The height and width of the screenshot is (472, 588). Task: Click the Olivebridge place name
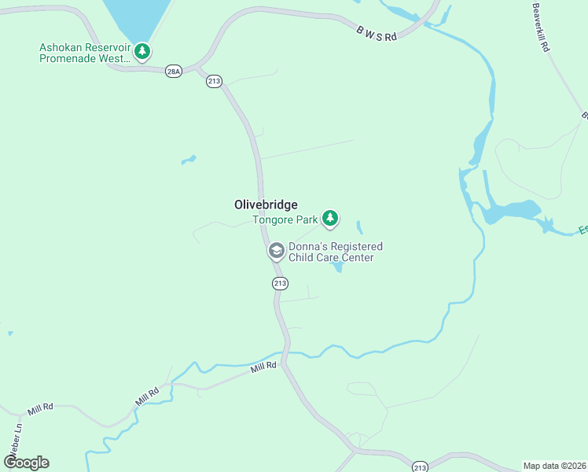click(x=266, y=205)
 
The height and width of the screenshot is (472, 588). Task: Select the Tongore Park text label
click(x=285, y=220)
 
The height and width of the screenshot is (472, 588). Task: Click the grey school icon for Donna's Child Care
click(x=276, y=251)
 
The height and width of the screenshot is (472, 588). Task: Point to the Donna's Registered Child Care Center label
click(x=336, y=252)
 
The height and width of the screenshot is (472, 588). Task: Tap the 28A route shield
click(x=174, y=72)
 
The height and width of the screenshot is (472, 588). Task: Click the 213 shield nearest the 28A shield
click(x=215, y=81)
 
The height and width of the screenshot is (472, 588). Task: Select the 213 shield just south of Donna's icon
click(x=280, y=283)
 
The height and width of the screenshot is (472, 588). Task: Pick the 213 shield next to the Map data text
click(x=419, y=466)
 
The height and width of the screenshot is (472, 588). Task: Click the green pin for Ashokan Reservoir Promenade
click(x=141, y=52)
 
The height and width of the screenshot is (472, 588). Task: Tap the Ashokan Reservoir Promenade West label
click(x=84, y=53)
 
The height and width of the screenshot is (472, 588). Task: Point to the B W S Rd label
click(x=378, y=32)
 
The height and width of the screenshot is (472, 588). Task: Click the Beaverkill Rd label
click(x=540, y=28)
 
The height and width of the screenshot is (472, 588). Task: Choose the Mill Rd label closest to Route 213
click(x=264, y=367)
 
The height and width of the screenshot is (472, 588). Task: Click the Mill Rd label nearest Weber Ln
click(x=39, y=410)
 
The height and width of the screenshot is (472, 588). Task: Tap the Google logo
click(x=26, y=463)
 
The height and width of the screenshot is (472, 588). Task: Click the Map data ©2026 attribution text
click(x=554, y=466)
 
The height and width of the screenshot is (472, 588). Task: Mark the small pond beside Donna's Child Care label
click(x=338, y=267)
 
